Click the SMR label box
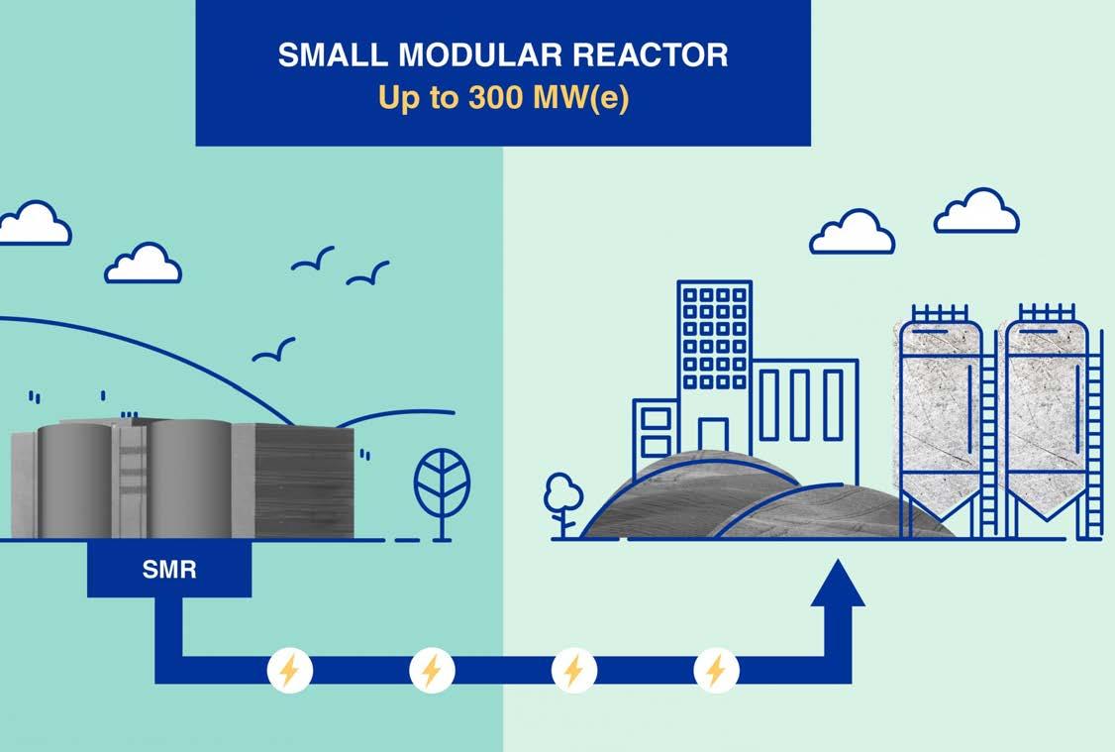click(169, 571)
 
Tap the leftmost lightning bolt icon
click(289, 671)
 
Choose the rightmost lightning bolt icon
click(715, 671)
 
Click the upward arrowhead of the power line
click(838, 585)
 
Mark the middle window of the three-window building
click(799, 403)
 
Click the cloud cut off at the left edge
click(32, 224)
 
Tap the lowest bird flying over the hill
click(273, 350)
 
